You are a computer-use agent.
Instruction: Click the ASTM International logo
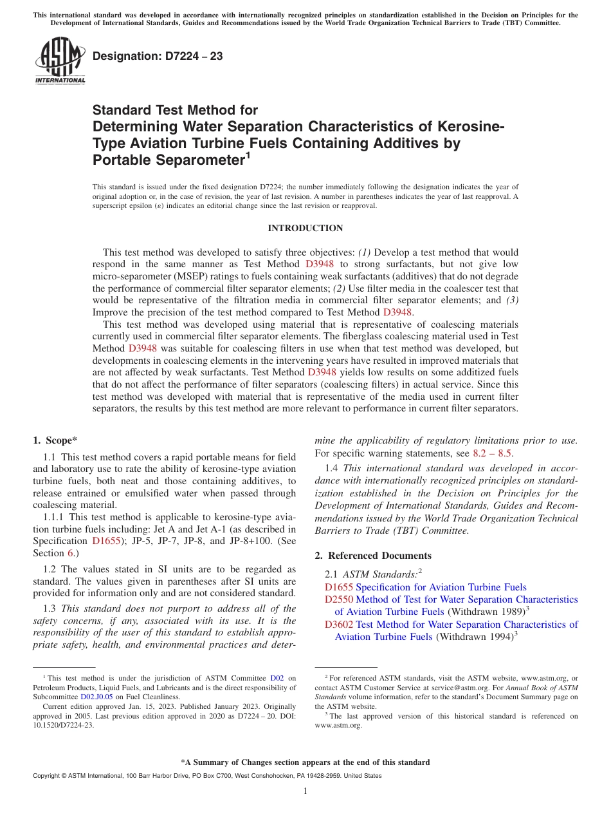60,61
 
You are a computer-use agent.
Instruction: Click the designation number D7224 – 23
158,57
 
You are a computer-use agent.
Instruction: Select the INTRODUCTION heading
305,229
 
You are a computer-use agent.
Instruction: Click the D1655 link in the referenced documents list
339,587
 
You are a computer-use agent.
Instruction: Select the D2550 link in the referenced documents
339,599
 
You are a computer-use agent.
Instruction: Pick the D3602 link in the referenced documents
339,625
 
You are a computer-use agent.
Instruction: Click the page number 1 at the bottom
305,791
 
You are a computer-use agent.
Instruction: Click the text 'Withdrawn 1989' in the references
486,612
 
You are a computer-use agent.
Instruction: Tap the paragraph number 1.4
332,468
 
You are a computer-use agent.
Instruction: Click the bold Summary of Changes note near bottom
305,762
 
